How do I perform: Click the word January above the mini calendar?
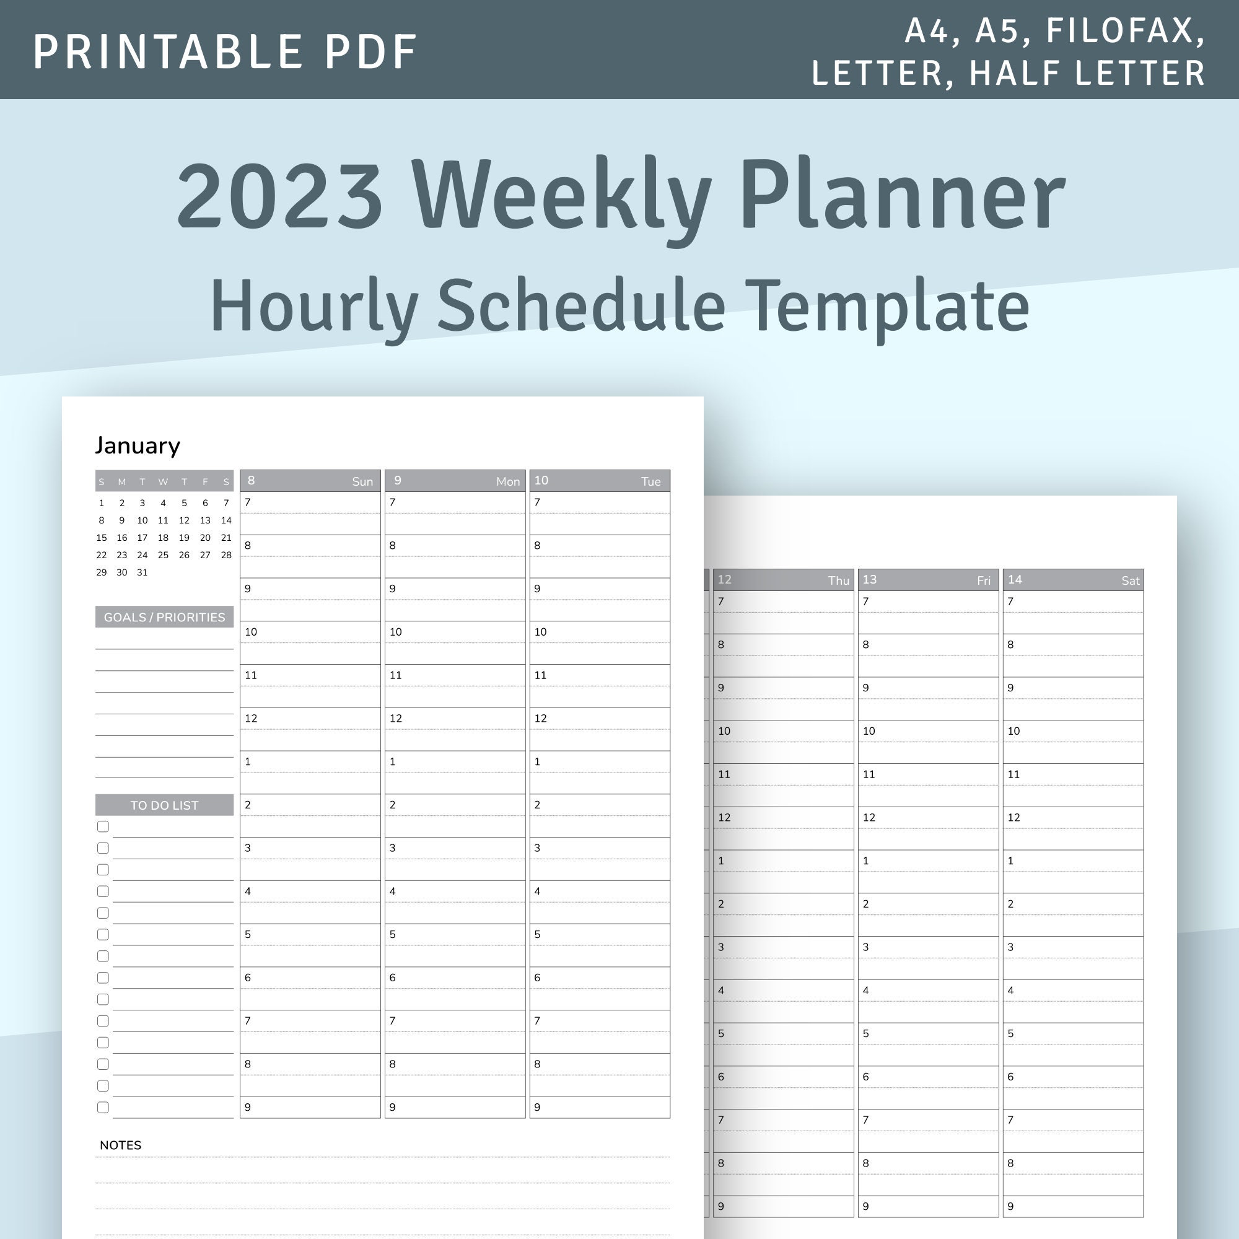coord(138,445)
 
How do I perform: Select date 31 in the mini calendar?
coord(142,572)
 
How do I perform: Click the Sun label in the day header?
coord(362,481)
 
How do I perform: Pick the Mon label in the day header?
coord(508,481)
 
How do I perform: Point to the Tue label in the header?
coord(651,481)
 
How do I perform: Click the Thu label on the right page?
coord(838,581)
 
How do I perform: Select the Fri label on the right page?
coord(984,581)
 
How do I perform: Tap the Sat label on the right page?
coord(1131,581)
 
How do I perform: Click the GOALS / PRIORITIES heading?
coord(164,618)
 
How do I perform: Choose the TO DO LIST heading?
coord(164,805)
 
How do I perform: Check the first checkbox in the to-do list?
coord(103,826)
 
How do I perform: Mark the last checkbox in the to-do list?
coord(103,1108)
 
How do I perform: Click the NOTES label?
coord(121,1145)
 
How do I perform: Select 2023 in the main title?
coord(280,196)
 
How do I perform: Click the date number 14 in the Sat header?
coord(1015,580)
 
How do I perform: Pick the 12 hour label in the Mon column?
coord(396,718)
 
